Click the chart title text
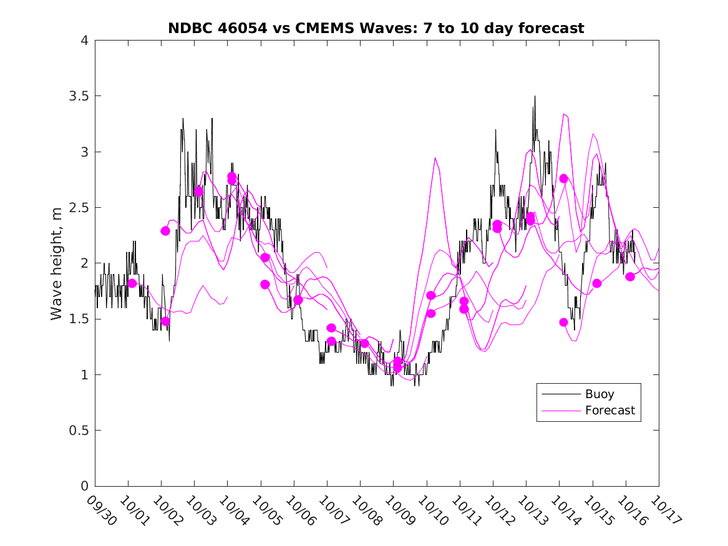tap(376, 28)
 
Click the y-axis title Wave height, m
tap(57, 263)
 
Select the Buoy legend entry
tap(599, 394)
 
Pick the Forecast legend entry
tap(609, 411)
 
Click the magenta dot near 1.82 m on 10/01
tap(132, 283)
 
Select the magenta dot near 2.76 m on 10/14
tap(564, 178)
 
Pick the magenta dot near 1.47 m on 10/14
tap(564, 323)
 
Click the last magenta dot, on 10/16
tap(630, 276)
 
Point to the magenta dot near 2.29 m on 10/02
tap(165, 231)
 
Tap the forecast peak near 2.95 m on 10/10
tap(435, 158)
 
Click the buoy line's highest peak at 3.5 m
tap(535, 97)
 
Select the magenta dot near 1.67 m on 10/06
tap(298, 300)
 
